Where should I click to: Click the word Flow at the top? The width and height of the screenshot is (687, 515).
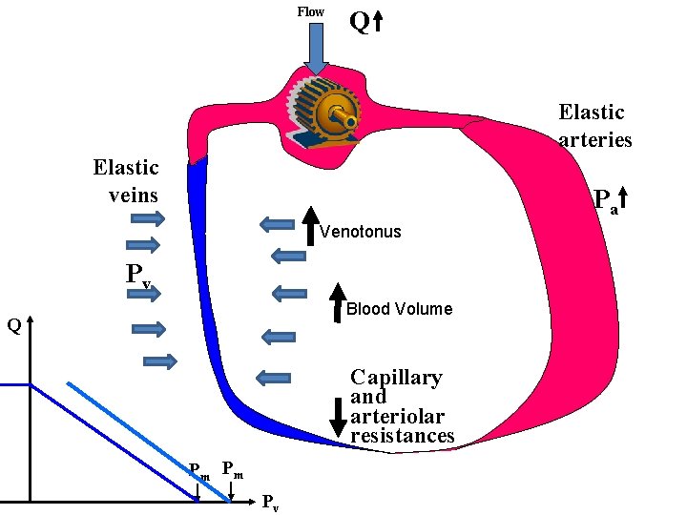310,12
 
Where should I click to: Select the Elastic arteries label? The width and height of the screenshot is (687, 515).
594,126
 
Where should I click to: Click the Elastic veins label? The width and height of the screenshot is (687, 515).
126,181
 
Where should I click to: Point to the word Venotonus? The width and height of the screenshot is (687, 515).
361,232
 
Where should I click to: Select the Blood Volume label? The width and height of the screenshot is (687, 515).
399,309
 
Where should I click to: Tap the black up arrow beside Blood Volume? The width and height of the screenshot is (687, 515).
338,302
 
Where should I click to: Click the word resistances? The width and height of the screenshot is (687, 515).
402,436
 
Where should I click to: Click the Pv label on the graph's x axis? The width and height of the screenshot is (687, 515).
271,502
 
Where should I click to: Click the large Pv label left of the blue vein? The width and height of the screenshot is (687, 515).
139,275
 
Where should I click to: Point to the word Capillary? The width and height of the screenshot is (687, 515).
396,378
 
